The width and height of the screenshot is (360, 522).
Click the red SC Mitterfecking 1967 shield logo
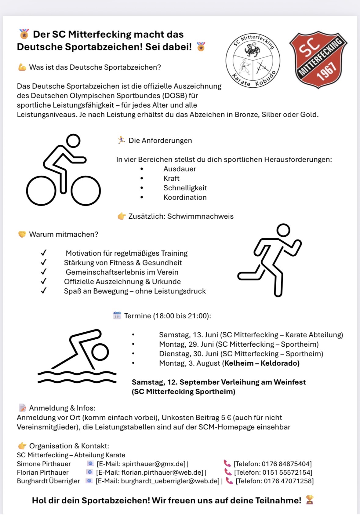tap(318, 60)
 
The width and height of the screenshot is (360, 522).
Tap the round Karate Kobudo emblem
tap(253, 60)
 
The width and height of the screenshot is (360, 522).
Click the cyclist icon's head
tap(73, 141)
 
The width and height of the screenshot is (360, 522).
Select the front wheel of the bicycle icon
tap(86, 191)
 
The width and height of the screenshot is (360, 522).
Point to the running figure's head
tap(283, 230)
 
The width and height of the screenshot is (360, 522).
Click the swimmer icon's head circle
tap(100, 352)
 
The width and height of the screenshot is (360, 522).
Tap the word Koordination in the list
tap(185, 197)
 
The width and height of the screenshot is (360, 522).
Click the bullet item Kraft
tap(171, 178)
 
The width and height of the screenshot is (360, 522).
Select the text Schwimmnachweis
tap(200, 216)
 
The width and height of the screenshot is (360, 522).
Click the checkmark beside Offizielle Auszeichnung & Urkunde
tap(44, 281)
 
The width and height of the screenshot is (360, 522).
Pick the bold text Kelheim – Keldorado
tap(262, 363)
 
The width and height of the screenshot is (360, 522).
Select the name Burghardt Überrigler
tap(48, 481)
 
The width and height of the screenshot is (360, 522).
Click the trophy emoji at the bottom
tap(310, 500)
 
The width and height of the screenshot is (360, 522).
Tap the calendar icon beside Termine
tap(117, 316)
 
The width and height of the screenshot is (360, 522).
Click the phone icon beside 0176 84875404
tap(227, 463)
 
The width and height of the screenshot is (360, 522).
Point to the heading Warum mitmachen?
tap(64, 234)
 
